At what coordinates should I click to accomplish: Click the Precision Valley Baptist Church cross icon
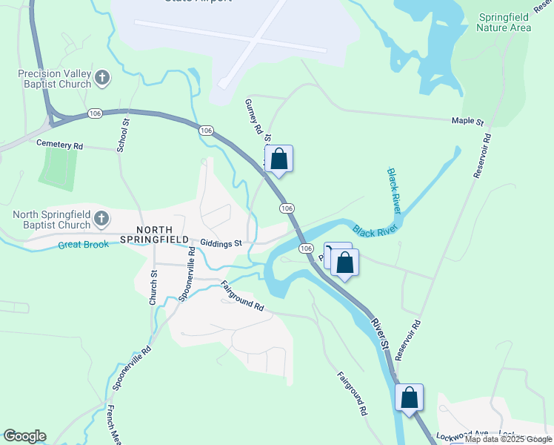click(102, 77)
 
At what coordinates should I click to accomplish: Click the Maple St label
click(467, 121)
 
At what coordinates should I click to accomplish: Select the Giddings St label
click(221, 243)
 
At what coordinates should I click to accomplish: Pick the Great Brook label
click(87, 244)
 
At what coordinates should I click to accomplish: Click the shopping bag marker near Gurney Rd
click(278, 159)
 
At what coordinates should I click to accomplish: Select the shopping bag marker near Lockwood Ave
click(409, 398)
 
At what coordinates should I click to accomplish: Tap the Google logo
click(24, 436)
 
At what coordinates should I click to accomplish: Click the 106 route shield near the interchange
click(94, 113)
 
